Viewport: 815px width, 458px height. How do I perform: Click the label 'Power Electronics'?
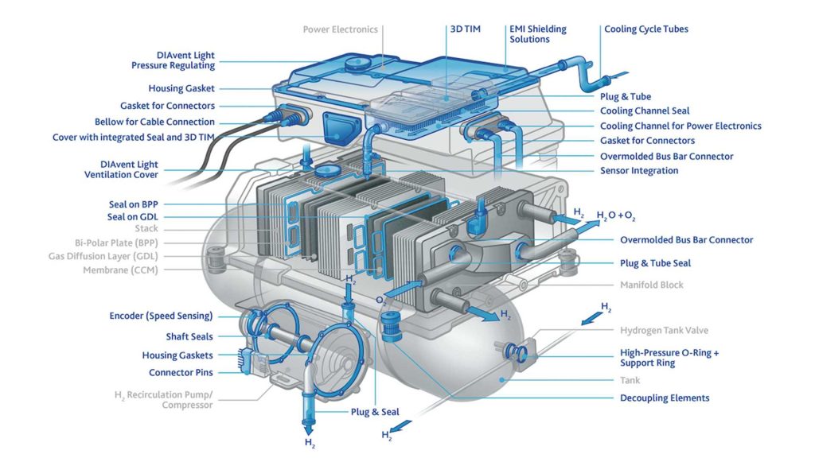point(340,30)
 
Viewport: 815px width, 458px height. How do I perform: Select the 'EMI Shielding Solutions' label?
point(537,34)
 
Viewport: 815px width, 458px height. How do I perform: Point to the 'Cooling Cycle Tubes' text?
point(645,29)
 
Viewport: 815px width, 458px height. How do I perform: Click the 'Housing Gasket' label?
point(181,89)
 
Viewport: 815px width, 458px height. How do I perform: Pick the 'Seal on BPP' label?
point(133,204)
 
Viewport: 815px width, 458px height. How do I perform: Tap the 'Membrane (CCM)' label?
point(120,270)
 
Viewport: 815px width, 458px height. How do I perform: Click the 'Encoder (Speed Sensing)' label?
point(161,316)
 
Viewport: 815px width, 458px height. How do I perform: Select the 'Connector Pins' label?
point(181,373)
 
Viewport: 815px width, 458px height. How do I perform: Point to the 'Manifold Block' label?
point(651,285)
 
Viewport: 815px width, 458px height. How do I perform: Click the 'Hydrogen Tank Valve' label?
point(664,330)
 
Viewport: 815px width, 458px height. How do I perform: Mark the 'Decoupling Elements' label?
point(665,398)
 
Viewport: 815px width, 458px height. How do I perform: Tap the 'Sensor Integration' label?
point(639,171)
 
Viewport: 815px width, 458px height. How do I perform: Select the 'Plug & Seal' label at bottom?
point(375,412)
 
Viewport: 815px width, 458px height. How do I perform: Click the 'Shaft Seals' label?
point(189,336)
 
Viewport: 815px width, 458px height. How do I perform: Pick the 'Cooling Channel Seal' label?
point(645,111)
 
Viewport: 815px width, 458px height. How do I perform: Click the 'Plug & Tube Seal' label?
point(655,263)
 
